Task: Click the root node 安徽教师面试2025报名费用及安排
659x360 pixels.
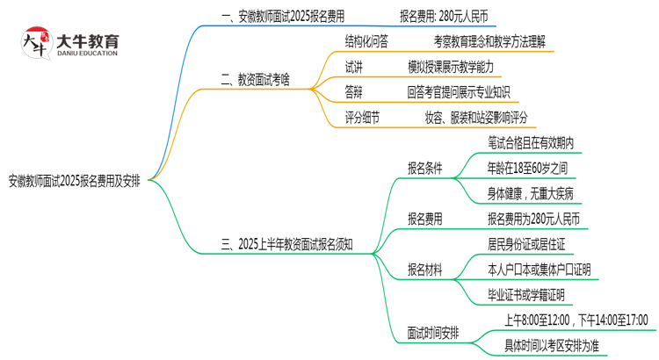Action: coord(80,182)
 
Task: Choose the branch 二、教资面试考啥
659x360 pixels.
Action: coord(254,79)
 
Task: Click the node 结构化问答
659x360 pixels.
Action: coord(366,40)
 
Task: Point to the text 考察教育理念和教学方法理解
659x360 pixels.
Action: coord(493,40)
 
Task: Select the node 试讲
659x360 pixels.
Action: coord(353,66)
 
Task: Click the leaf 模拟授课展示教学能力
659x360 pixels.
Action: coord(462,66)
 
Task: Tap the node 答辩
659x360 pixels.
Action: coord(353,91)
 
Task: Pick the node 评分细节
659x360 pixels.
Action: coord(362,117)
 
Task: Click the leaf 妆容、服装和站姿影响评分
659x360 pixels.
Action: coord(476,117)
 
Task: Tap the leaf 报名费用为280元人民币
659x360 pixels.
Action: coord(532,218)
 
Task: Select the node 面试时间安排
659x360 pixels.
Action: coord(431,333)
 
